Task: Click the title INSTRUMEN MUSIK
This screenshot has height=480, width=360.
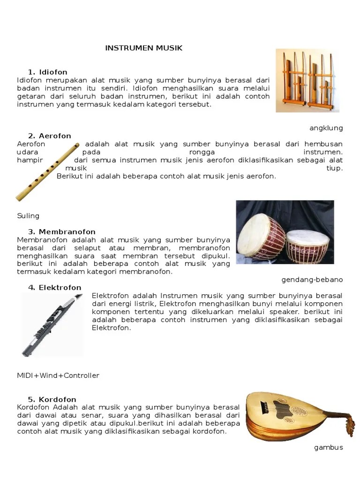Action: [143, 48]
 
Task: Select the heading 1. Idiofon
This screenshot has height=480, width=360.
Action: [47, 72]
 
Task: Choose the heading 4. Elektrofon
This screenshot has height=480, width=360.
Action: [54, 287]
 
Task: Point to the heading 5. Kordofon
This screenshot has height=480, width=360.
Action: [52, 399]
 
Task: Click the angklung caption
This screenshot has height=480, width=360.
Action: [326, 128]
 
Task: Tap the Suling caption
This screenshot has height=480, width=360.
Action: [28, 216]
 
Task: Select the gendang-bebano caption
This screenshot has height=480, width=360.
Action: [312, 279]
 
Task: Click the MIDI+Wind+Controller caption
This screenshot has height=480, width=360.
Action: [58, 375]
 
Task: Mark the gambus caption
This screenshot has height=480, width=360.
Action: [328, 447]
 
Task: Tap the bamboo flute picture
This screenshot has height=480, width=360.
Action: [47, 172]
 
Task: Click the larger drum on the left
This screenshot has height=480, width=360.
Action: [261, 236]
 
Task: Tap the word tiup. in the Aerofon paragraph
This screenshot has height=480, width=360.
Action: [334, 168]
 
